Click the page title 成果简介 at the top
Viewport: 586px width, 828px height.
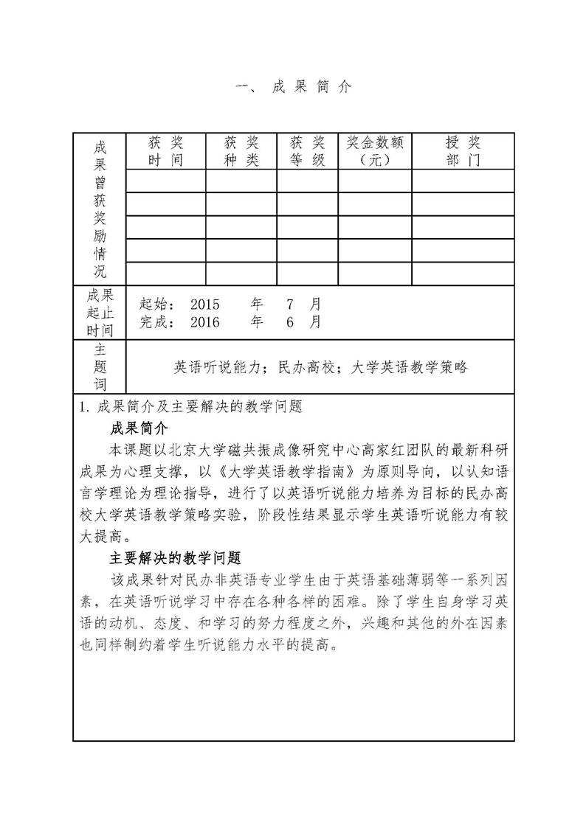coord(292,87)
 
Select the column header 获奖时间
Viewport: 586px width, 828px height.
coord(165,151)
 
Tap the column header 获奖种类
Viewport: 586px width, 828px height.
coord(241,151)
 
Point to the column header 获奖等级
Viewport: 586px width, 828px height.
coord(308,151)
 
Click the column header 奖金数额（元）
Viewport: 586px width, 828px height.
coord(375,151)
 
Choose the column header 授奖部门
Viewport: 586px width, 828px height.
coord(463,151)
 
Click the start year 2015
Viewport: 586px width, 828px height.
coord(205,304)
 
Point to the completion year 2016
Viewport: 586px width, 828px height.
coord(205,322)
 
